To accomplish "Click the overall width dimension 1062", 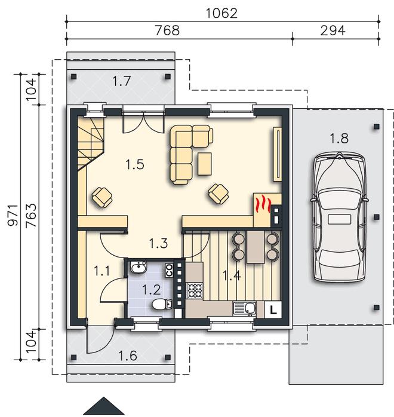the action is coord(221,13).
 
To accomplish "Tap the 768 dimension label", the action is coord(167,30).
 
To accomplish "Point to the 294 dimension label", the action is coord(333,30).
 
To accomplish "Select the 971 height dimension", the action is coord(13,215).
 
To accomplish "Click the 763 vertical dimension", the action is coord(31,215).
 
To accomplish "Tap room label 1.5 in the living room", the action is coord(135,164).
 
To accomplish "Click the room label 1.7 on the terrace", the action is coord(121,81).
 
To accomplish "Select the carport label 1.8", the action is coord(339,138).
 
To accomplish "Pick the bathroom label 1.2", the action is coord(152,290).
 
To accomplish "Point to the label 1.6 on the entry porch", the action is coord(128,355).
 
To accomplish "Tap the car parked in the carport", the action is coord(339,217).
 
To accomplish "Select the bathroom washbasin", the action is coord(138,267).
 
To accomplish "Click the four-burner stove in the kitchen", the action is coord(195,291).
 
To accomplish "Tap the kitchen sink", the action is coord(244,308).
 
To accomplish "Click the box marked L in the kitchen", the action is coord(273,309).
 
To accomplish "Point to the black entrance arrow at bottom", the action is coord(104,406).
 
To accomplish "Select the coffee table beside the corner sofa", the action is coord(205,164).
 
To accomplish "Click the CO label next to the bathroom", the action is coord(169,270).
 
